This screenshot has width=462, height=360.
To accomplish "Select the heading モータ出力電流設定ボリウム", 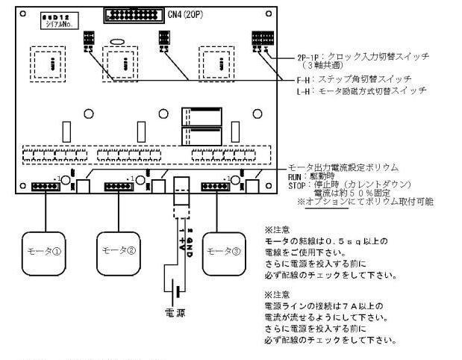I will (x=343, y=167).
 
